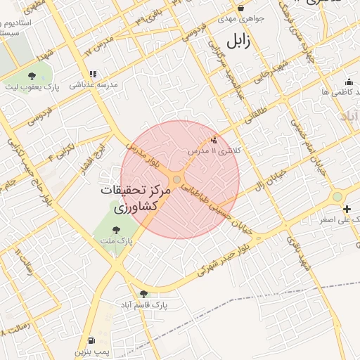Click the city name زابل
click(237, 40)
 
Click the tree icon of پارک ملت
click(116, 229)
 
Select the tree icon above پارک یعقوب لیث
click(32, 75)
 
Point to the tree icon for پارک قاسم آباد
click(144, 294)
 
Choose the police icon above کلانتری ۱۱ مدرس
click(214, 140)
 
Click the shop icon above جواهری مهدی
click(241, 8)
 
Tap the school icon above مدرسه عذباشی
click(93, 74)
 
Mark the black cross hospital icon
click(347, 209)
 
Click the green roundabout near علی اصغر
click(337, 197)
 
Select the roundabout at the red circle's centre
click(176, 180)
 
